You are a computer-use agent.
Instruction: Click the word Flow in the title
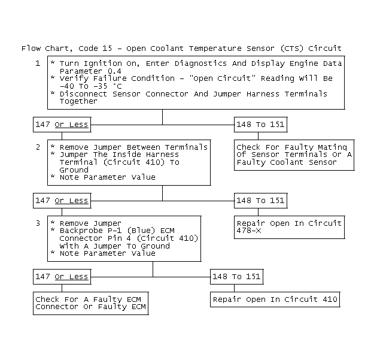coord(31,48)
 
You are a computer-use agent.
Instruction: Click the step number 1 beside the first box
coord(38,63)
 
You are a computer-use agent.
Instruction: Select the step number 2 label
coord(38,147)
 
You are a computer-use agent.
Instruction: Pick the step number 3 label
coord(38,223)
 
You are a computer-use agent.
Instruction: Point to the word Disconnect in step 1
coord(83,94)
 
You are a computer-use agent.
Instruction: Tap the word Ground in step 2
coord(74,170)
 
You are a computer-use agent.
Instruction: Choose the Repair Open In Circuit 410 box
coord(275,300)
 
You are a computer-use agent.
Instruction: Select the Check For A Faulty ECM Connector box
coord(90,303)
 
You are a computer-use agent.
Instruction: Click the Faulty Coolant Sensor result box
coord(293,155)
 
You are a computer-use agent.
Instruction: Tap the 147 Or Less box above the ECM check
coord(62,277)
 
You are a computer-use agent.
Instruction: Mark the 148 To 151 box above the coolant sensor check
coord(260,125)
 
